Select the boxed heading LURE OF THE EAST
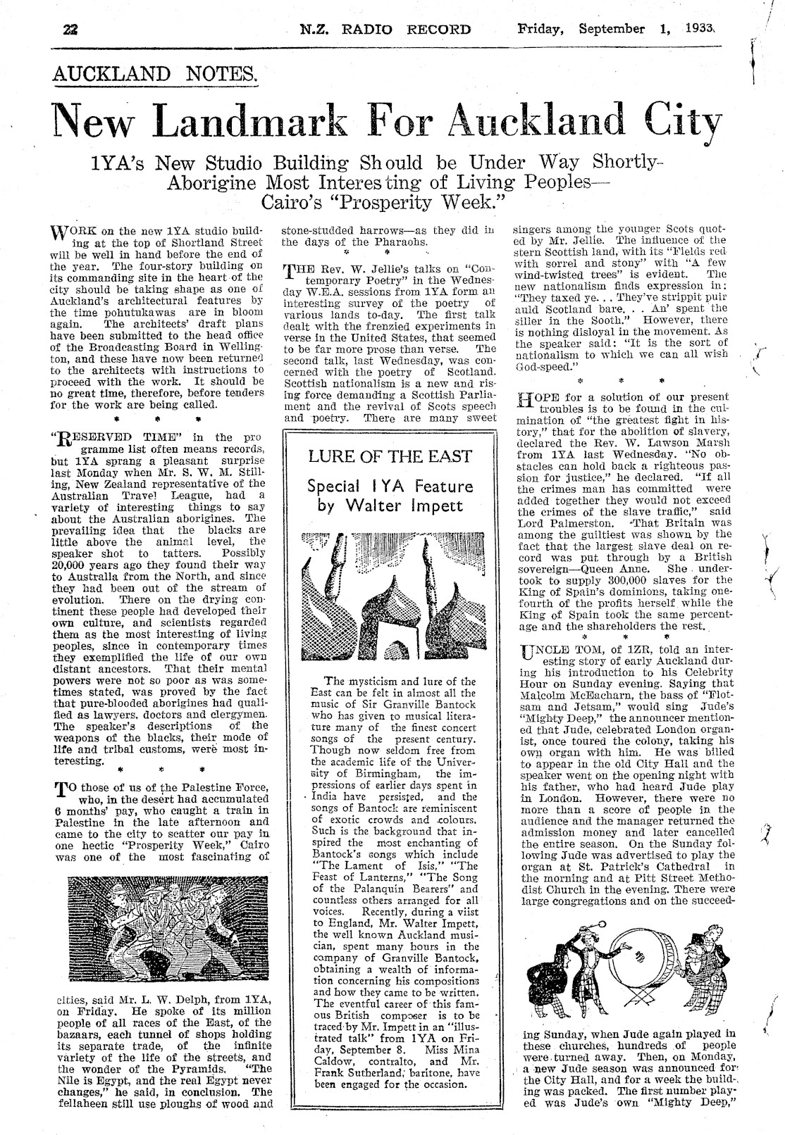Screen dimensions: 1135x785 click(x=390, y=456)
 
